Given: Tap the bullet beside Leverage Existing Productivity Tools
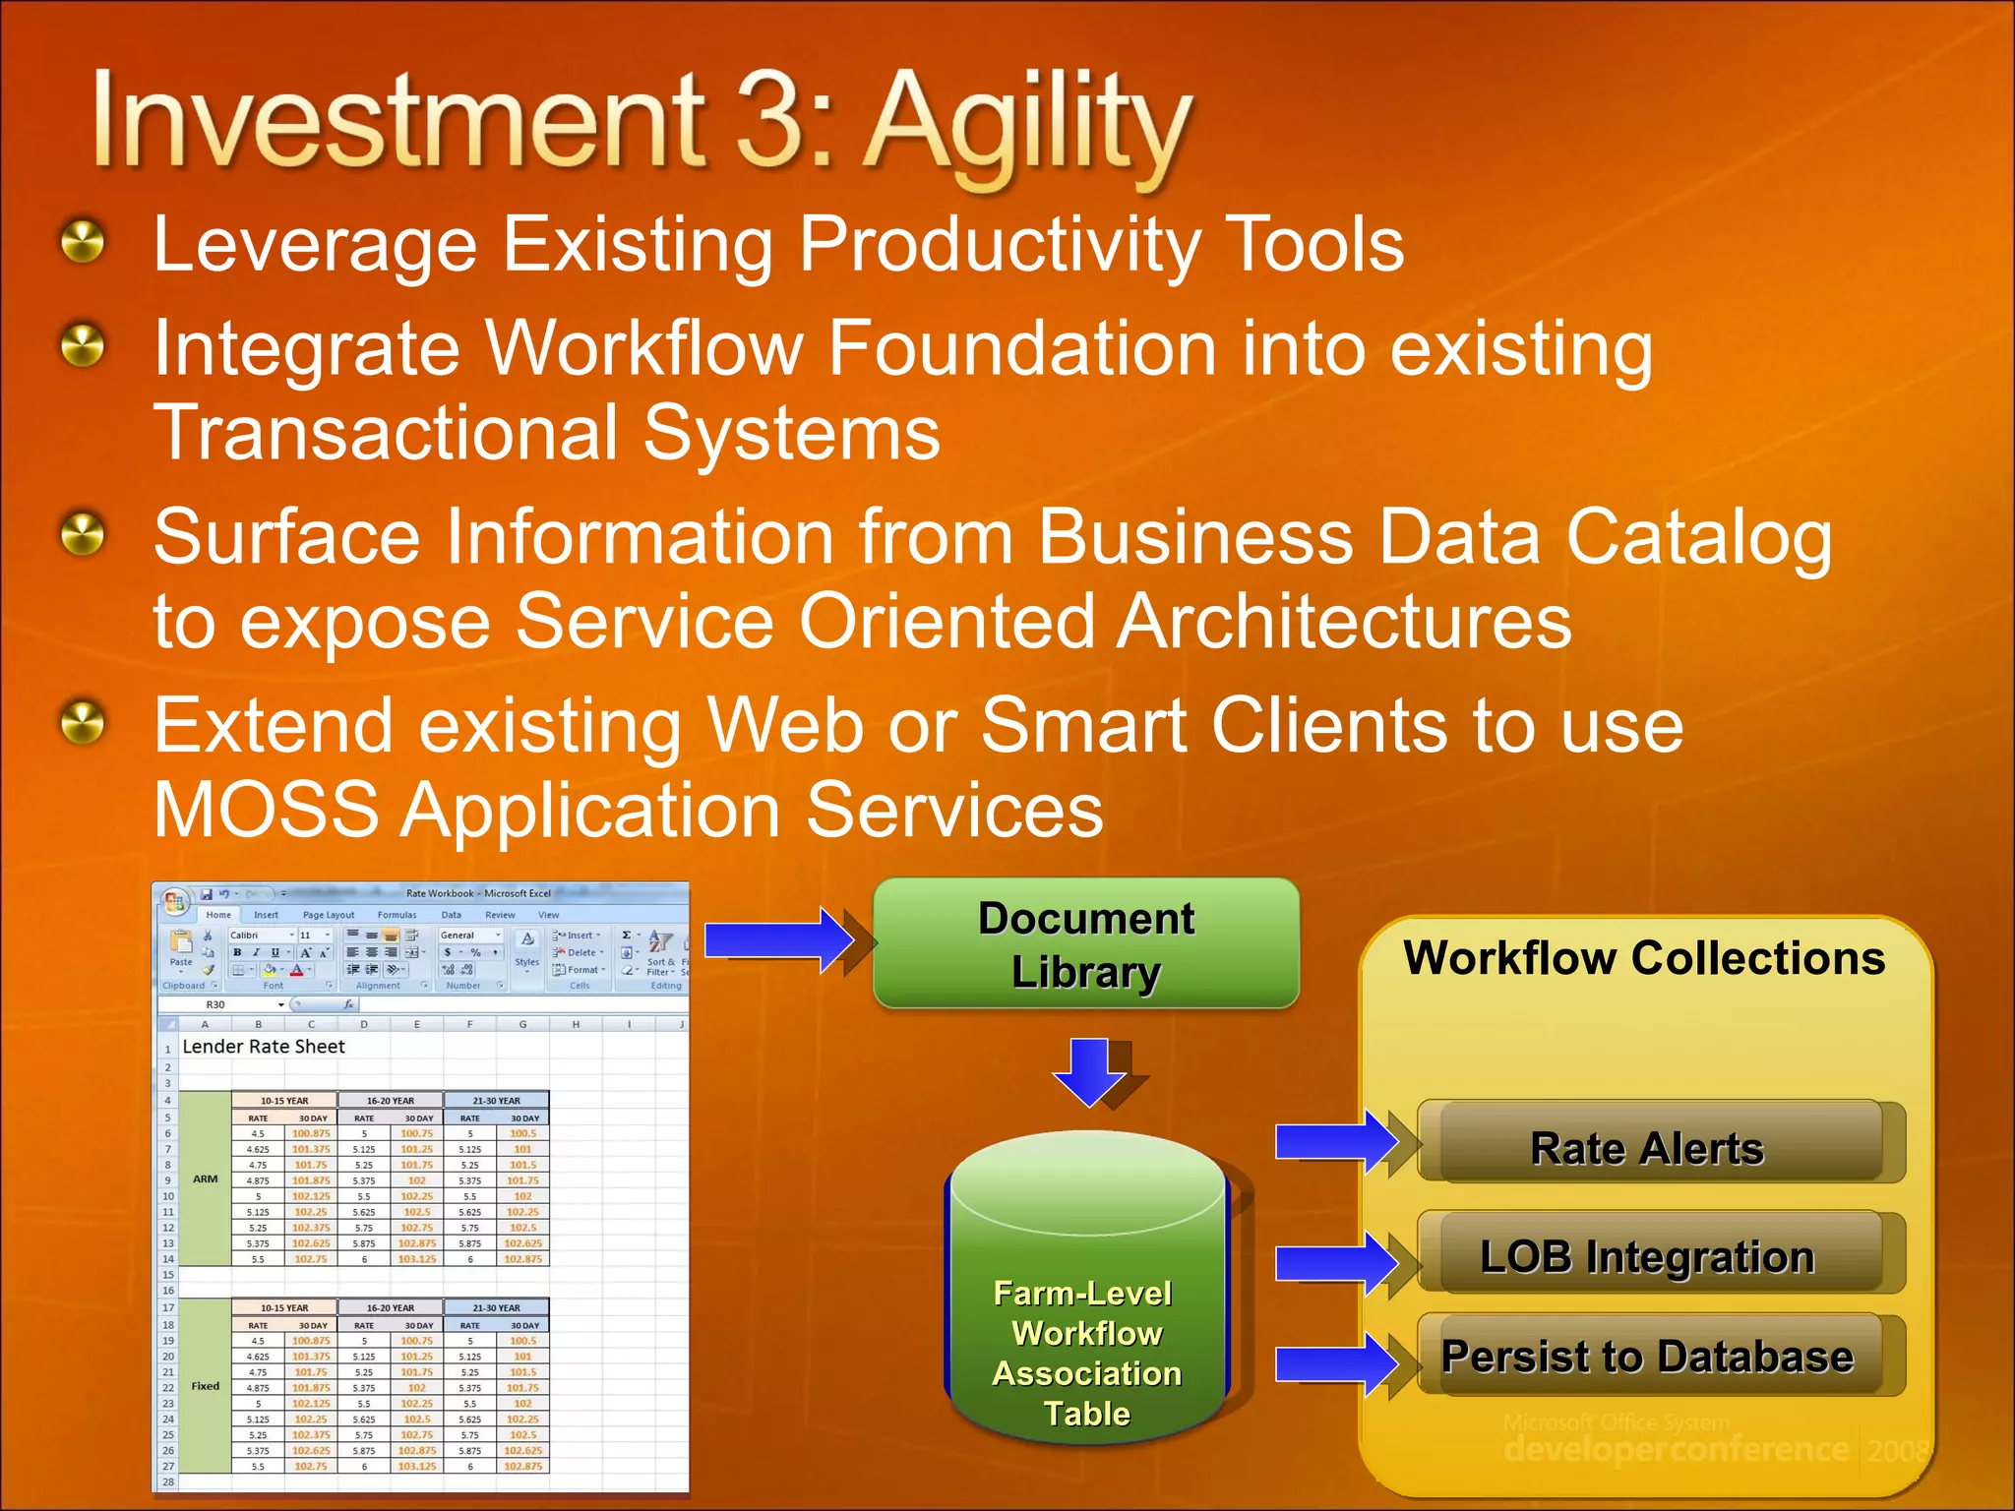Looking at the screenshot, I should click(x=83, y=242).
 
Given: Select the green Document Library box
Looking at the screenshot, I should click(x=1085, y=944).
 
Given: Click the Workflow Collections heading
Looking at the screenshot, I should click(x=1643, y=958).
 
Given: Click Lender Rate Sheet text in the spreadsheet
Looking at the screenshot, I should click(x=264, y=1047).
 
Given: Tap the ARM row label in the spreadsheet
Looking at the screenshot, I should click(x=205, y=1179).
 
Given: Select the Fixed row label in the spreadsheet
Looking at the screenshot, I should click(x=205, y=1386).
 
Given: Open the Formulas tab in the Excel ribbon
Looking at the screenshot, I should click(x=397, y=915).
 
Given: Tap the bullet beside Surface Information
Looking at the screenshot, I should click(x=83, y=535).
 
